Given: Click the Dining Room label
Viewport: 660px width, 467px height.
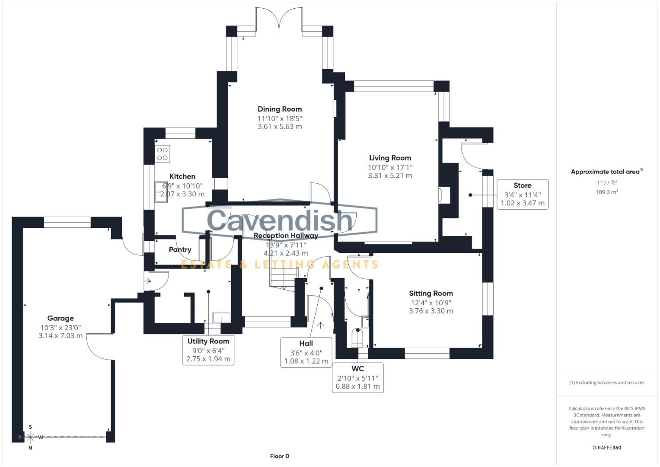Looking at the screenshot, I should coord(280,109).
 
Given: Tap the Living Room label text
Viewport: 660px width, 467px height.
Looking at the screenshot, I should coord(390,158).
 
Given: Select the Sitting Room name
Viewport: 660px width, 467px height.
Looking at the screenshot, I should coord(431,293).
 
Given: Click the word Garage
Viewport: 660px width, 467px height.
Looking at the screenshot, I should coord(61,318).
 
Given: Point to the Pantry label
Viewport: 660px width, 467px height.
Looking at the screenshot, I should coord(180,249).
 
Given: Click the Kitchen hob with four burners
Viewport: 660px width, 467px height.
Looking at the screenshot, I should coord(163,154).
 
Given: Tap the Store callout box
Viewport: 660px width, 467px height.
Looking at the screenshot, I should coord(523,195).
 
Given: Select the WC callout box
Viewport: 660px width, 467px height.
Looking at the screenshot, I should coord(357,377).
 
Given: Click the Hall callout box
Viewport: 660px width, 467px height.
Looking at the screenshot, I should coord(306,352).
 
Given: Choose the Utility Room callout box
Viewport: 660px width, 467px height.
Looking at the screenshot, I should coord(208,350).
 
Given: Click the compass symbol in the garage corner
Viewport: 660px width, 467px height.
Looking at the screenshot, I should coord(30,437).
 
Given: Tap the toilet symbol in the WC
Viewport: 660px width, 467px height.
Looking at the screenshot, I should coord(357,337).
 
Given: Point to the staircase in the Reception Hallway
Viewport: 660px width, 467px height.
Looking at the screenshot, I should coord(284,277).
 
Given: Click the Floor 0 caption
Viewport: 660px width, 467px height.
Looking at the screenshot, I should coord(280,456).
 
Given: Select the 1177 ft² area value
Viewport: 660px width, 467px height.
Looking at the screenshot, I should coord(607,183).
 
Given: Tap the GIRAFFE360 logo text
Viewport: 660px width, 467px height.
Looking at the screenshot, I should coord(606,448).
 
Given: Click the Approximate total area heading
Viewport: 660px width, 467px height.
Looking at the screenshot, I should coord(606,172).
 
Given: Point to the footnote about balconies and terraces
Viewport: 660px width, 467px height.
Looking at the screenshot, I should coord(606,383).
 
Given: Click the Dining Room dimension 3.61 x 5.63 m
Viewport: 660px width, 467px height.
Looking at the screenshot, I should coord(280,127).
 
